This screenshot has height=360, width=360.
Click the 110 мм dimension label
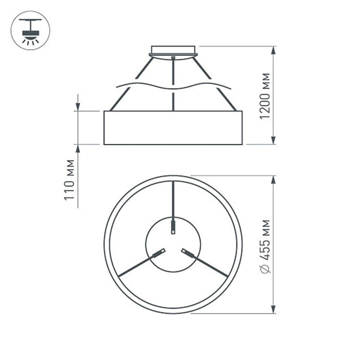70,179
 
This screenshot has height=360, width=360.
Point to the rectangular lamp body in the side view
173,127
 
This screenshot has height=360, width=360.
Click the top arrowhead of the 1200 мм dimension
274,50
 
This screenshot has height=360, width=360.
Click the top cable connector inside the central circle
173,227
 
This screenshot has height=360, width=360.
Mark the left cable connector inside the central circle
159,252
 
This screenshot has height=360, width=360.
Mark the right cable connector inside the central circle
188,252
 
